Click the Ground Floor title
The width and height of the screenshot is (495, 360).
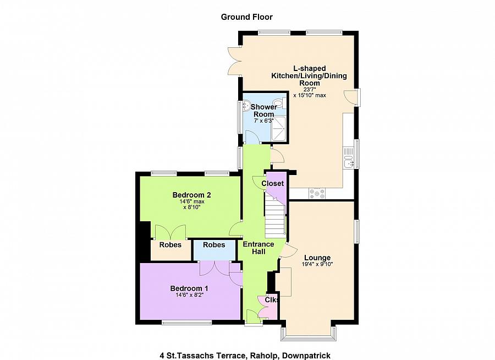pos(246,17)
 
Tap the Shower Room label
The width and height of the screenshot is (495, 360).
pos(264,111)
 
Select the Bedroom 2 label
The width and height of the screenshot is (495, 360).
pos(191,195)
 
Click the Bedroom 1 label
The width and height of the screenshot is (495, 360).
pos(189,288)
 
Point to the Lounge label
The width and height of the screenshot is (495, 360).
pos(317,258)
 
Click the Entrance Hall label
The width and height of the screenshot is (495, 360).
pos(258,248)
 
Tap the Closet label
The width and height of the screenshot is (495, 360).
pos(272,183)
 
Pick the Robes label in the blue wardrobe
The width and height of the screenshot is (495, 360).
pos(214,245)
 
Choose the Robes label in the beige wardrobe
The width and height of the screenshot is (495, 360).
pos(170,245)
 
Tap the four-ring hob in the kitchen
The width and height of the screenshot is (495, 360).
pos(317,194)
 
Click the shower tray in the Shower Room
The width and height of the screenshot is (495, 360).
pos(279,129)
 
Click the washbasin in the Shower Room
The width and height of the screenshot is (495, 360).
pos(245,107)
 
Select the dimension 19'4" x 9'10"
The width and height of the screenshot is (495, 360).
pos(317,264)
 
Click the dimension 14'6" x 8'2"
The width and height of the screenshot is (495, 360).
pos(189,295)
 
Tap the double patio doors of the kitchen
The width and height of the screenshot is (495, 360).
pos(234,61)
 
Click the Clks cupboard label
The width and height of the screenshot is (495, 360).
pos(272,299)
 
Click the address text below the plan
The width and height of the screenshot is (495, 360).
pos(245,356)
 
